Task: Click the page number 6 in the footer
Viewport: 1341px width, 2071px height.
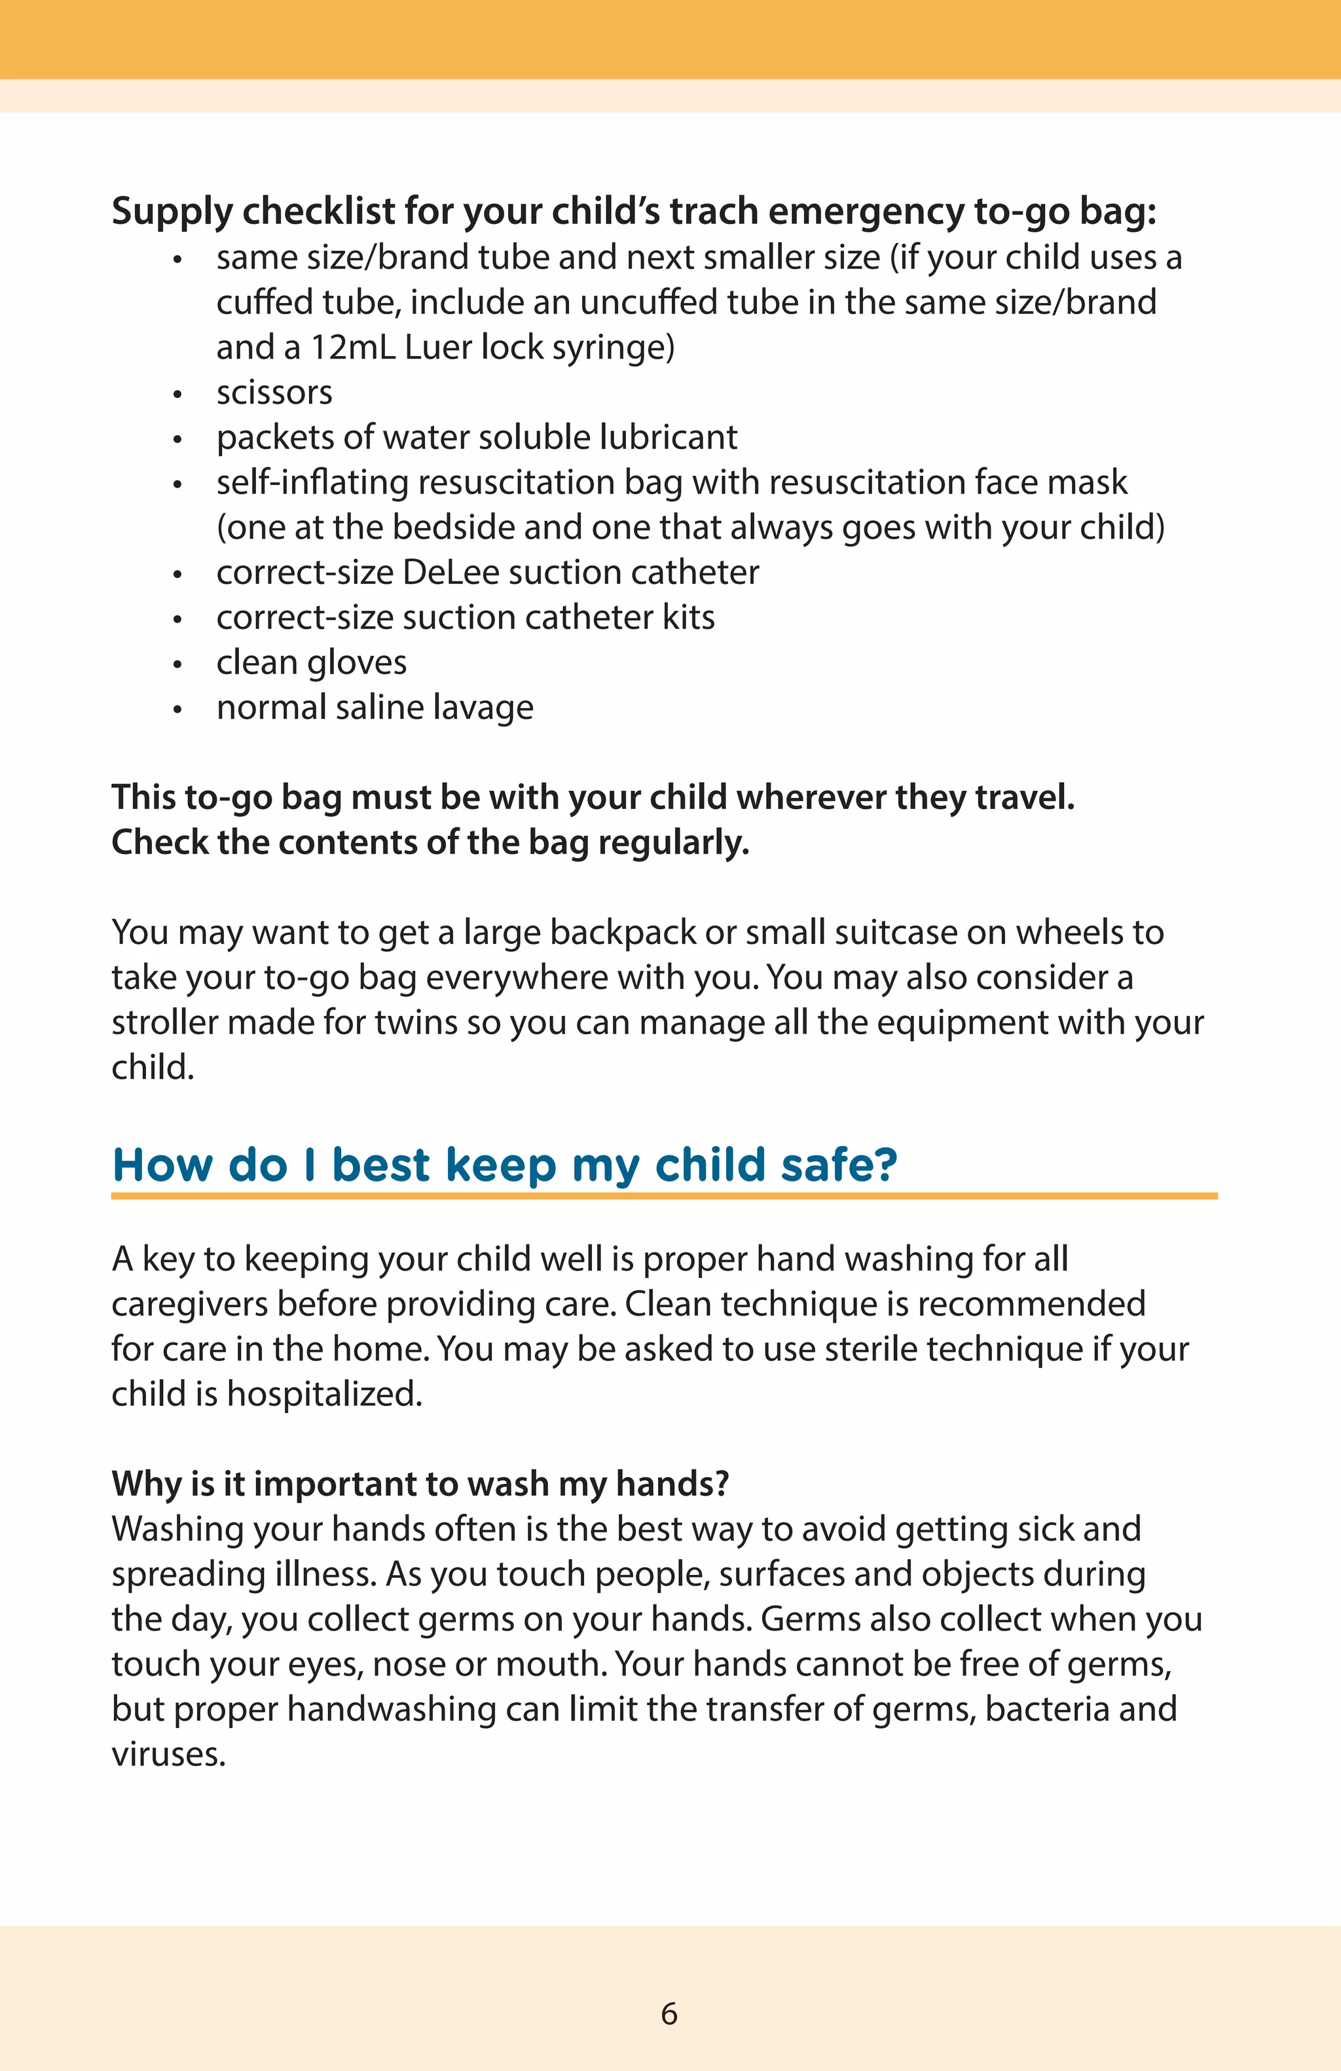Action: point(669,2013)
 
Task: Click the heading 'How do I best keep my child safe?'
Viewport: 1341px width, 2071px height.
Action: point(505,1164)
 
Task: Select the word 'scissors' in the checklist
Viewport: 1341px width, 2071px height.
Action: point(274,393)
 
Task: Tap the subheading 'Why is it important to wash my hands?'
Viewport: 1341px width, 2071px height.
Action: point(420,1483)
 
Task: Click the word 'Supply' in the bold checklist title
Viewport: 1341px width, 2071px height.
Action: point(172,211)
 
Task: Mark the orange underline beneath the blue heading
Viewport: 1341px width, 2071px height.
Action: point(664,1197)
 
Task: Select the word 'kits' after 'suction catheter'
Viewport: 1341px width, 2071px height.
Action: point(688,618)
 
